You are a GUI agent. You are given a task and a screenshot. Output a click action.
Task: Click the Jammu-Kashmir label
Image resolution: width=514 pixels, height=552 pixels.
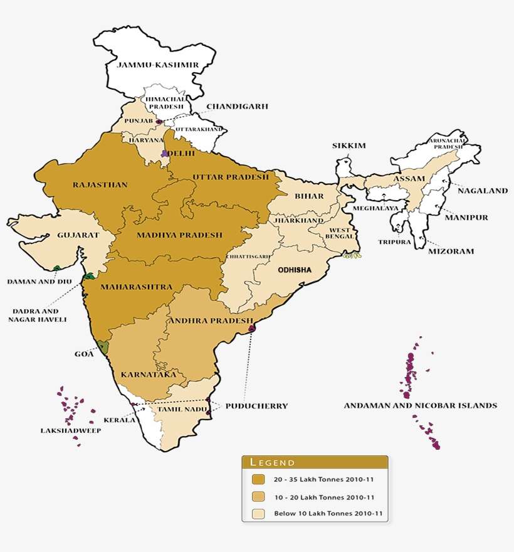[x=158, y=65]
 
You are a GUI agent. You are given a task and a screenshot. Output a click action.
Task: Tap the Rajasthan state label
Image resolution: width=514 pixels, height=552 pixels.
[x=100, y=185]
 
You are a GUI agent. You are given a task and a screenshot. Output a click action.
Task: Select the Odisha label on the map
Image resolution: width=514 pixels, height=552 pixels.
[x=294, y=269]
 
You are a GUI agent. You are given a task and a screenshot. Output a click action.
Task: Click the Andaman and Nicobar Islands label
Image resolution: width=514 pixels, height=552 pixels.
[x=420, y=406]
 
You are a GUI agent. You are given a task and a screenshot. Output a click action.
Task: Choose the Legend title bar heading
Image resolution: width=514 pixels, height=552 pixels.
[x=273, y=463]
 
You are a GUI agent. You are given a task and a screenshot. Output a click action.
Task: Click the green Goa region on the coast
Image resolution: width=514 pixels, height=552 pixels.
[x=103, y=347]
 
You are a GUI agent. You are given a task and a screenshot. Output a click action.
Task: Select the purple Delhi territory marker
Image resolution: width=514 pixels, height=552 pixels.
[x=165, y=152]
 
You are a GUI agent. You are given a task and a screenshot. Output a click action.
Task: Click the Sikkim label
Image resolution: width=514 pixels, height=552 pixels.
[x=349, y=146]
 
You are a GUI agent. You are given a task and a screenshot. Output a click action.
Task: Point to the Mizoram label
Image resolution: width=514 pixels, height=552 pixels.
[x=451, y=251]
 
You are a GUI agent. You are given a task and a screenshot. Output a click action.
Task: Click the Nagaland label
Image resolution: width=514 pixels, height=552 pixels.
[x=482, y=191]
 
